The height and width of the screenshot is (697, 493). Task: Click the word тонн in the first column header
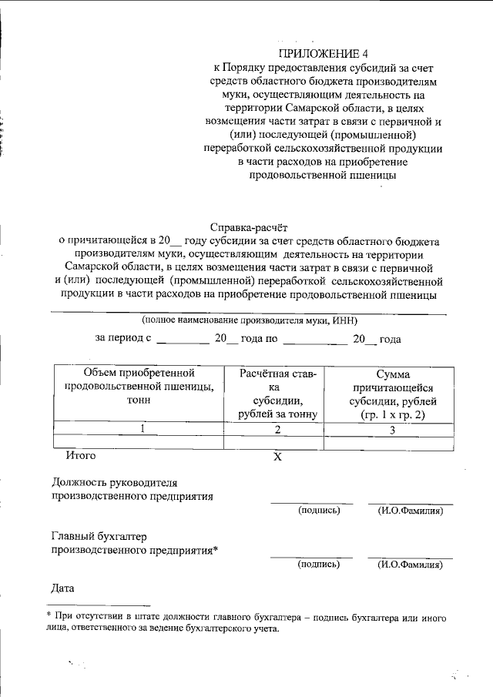[139, 401]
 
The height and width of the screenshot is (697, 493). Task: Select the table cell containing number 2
[278, 429]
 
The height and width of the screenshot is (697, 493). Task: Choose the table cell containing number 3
[391, 429]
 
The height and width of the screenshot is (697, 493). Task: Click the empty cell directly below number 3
[391, 443]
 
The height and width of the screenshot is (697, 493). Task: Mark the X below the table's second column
[278, 457]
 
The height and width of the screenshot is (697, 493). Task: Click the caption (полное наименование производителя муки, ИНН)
[248, 320]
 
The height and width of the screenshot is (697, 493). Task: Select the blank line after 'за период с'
[182, 339]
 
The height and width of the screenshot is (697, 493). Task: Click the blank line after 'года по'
[315, 339]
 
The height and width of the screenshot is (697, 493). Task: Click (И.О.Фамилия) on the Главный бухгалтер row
[410, 565]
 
